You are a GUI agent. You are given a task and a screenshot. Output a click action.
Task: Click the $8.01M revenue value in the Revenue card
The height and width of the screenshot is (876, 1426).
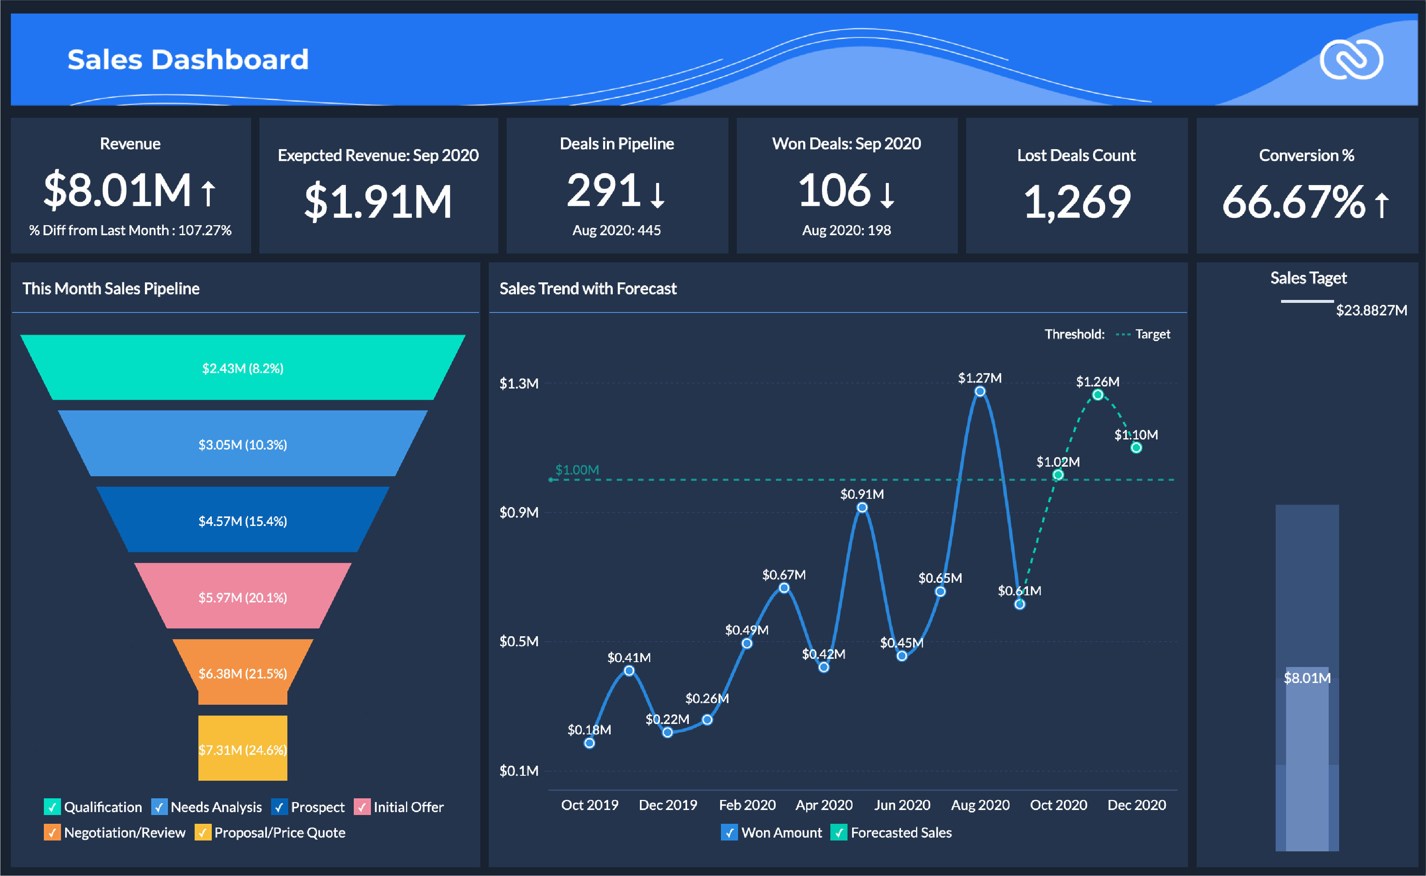117,190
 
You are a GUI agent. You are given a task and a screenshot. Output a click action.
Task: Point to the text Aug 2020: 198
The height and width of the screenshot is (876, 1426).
846,231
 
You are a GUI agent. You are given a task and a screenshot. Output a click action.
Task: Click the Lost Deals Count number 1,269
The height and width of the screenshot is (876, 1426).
1077,202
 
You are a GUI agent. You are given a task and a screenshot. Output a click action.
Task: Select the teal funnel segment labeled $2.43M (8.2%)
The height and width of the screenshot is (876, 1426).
243,368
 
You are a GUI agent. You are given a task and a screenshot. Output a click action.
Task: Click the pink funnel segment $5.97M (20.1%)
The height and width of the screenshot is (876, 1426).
243,597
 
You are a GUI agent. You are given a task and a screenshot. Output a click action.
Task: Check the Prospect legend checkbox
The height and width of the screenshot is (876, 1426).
279,807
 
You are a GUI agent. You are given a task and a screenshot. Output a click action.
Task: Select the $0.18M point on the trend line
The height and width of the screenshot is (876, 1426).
589,743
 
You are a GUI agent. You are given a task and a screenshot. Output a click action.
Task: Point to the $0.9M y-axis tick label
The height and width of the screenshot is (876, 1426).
518,513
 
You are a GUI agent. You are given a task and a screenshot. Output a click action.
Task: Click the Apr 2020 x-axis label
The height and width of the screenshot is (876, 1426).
824,805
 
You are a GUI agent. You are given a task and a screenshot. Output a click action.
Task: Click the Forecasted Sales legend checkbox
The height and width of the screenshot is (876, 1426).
839,833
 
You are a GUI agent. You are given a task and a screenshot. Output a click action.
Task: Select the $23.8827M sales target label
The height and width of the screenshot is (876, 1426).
1371,310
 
